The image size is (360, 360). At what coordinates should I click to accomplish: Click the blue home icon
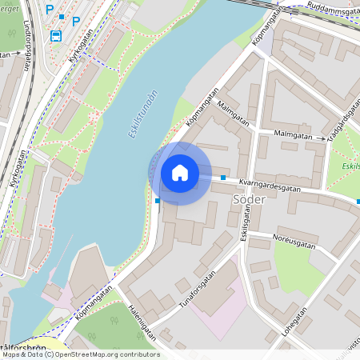coord(180,173)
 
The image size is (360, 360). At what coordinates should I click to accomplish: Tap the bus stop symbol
coord(56,36)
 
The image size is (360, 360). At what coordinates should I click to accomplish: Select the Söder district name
coord(246,198)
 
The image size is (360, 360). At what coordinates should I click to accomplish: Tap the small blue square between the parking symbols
coord(62,16)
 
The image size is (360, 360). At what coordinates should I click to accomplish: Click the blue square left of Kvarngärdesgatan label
coord(223,178)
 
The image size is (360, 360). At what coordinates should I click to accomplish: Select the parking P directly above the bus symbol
coord(50,10)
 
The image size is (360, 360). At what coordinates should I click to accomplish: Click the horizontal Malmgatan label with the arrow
coord(292,135)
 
